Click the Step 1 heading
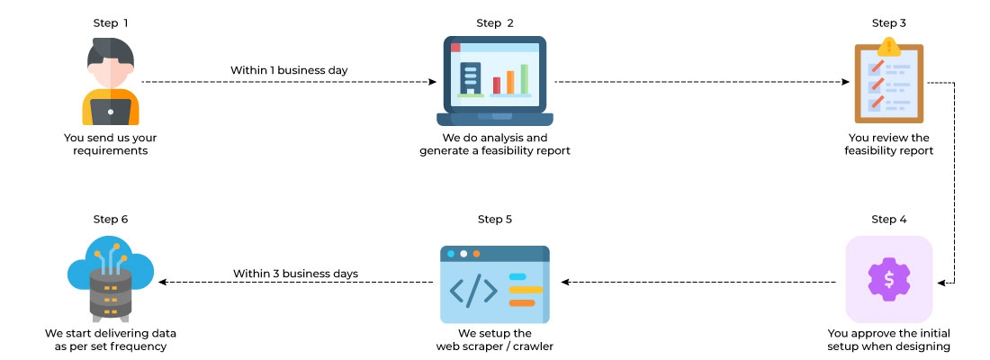111,22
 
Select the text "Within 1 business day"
289,69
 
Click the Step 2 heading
495,22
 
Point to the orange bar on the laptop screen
510,81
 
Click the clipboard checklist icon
887,83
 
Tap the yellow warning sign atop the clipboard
889,45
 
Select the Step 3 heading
888,22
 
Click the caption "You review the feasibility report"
888,144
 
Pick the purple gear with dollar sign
888,279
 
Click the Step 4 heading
888,220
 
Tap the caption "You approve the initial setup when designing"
888,339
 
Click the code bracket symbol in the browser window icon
473,289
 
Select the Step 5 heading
495,220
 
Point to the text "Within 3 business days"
296,273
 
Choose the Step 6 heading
111,220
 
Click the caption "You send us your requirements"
111,144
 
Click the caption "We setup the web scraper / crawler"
495,339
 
